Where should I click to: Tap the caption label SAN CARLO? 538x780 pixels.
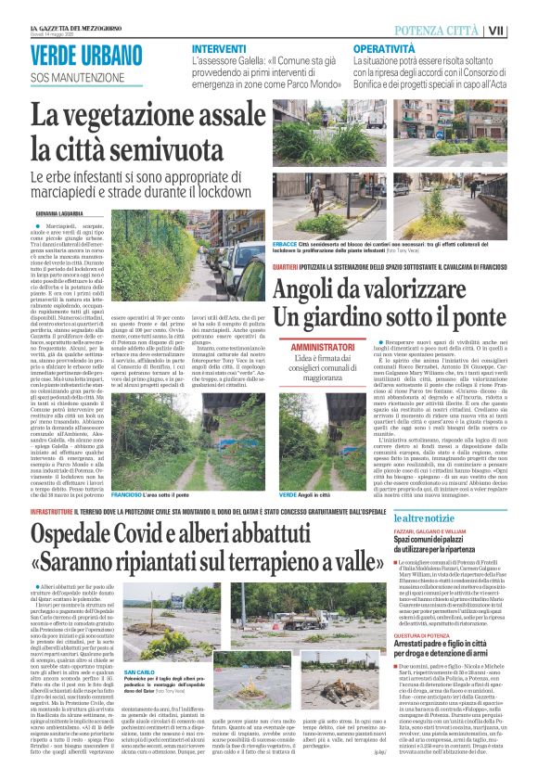point(139,671)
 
